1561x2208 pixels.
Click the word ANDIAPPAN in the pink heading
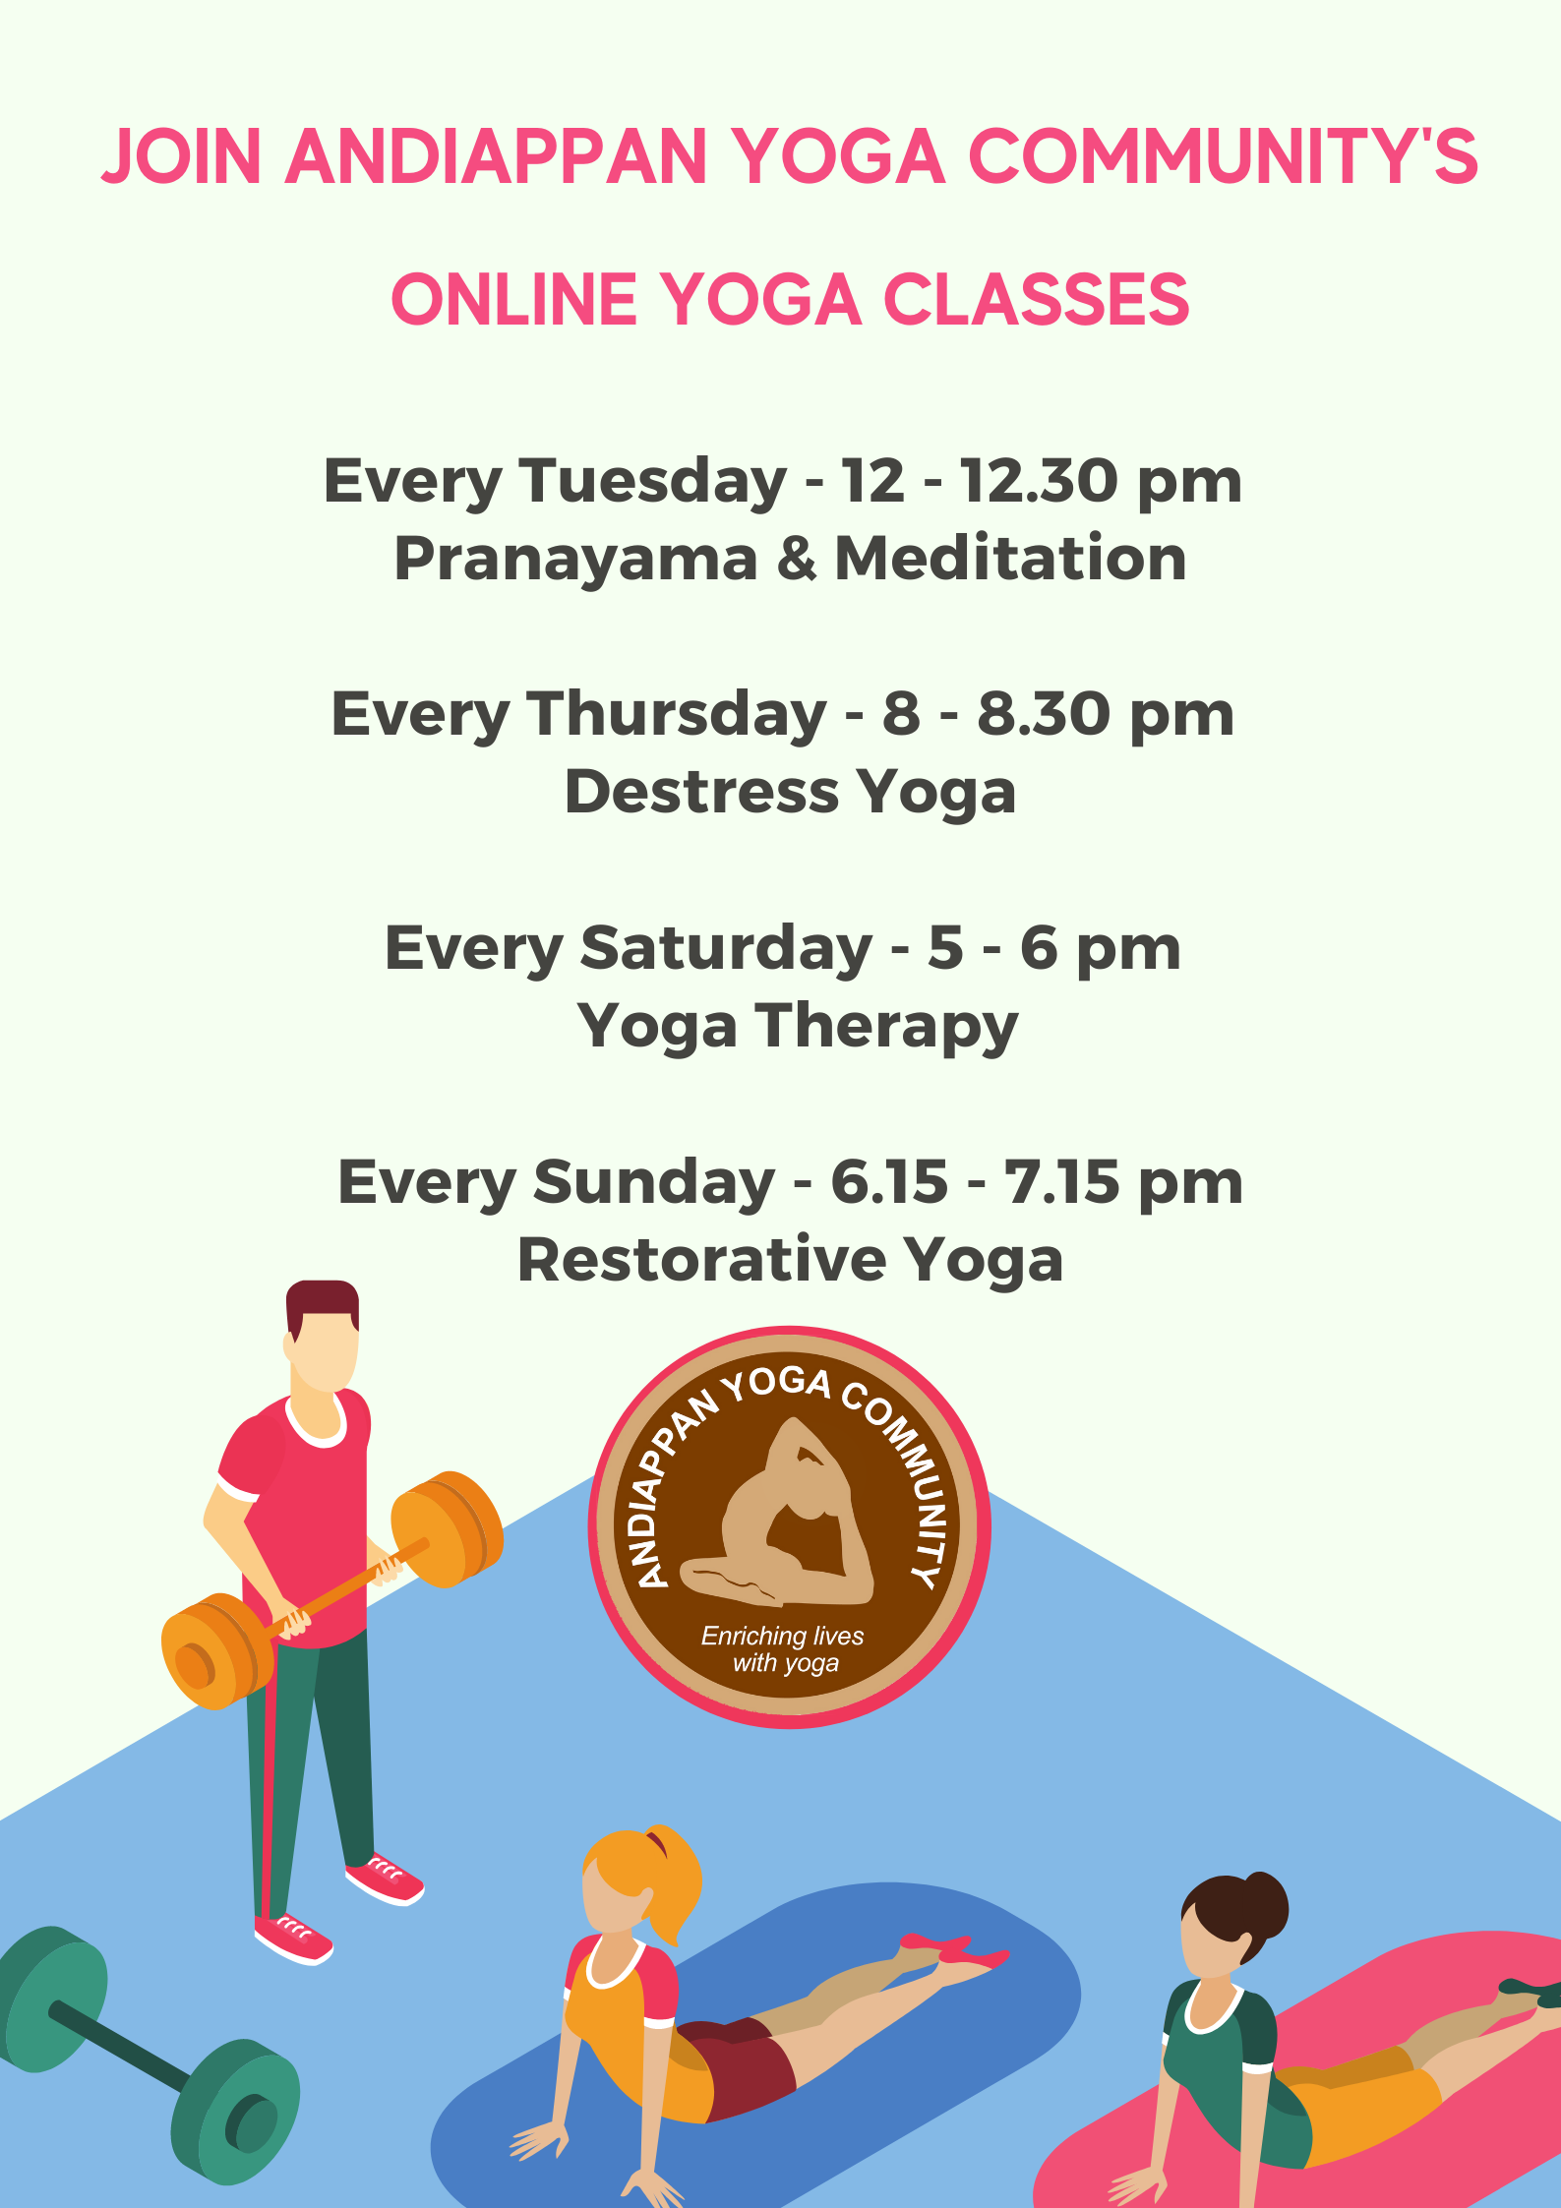tap(497, 156)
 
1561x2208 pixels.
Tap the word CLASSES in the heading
tap(1037, 300)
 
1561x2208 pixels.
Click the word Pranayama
tap(576, 560)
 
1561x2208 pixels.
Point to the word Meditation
tap(1010, 558)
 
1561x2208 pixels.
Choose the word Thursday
tap(677, 715)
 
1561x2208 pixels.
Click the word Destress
tap(701, 792)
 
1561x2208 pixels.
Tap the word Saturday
tap(726, 949)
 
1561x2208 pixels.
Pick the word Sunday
tap(654, 1183)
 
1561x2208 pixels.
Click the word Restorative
tap(702, 1260)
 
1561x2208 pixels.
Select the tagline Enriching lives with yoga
tap(783, 1649)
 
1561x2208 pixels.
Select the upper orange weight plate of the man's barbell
tap(448, 1528)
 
